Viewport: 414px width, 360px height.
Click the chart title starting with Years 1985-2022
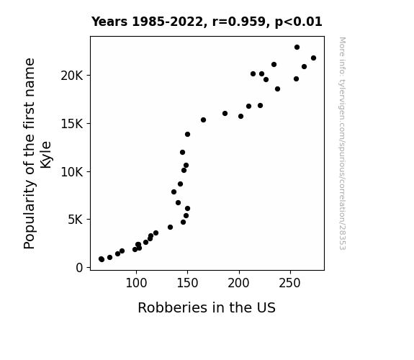tap(207, 22)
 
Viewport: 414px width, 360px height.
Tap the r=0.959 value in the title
tap(239, 22)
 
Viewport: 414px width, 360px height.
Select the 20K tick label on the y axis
tap(72, 76)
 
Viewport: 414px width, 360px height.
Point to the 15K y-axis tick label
tap(72, 124)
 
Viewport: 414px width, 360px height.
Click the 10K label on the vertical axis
tap(72, 172)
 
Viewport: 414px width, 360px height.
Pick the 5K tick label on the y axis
tap(76, 220)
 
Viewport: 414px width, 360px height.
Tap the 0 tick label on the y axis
tap(79, 268)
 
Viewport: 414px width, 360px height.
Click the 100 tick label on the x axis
tap(136, 283)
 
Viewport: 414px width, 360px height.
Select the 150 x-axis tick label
tap(187, 283)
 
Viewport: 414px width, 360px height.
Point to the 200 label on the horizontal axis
tap(239, 283)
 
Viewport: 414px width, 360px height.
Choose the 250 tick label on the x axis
tap(290, 283)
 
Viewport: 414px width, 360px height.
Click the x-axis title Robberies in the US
tap(207, 307)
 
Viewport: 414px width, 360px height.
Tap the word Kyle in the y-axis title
tap(45, 155)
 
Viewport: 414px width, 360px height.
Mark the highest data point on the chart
tap(297, 48)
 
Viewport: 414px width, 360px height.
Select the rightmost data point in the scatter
tap(313, 58)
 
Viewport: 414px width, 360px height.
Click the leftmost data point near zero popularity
tap(102, 259)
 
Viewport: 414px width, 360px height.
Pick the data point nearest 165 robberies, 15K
tap(203, 120)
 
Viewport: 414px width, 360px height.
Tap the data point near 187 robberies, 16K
tap(225, 114)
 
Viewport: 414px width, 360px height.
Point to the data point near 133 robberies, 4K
tap(171, 227)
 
